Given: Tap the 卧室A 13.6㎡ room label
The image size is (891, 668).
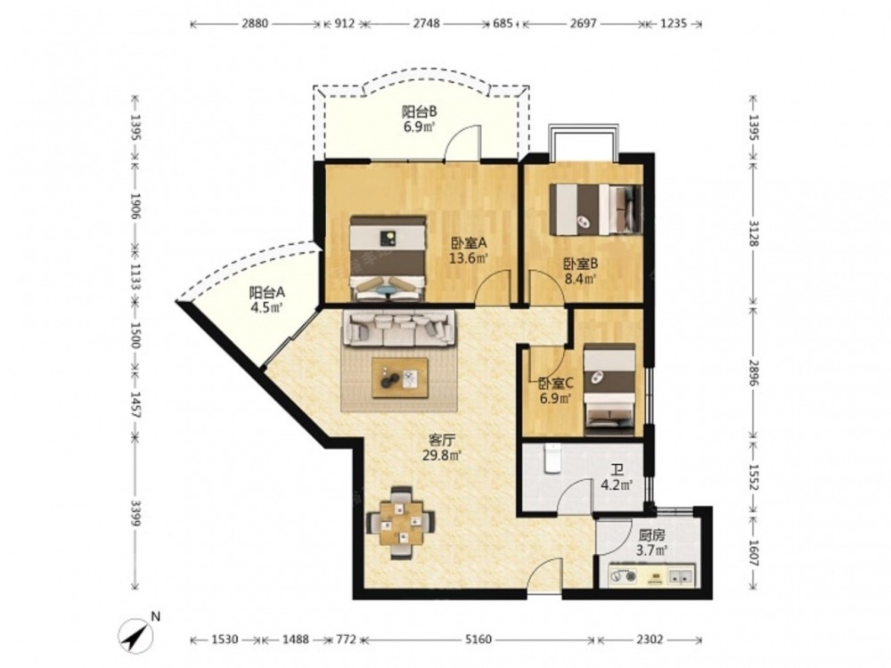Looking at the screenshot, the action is pos(470,250).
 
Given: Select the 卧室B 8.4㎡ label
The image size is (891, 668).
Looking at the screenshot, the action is pos(580,272).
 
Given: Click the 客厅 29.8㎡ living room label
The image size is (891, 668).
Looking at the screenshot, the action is pos(442,447).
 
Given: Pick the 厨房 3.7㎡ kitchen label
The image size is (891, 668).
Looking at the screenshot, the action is pos(651,542).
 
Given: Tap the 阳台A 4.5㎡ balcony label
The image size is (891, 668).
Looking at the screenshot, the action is pos(266,300).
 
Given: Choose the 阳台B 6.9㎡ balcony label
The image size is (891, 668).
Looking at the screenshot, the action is pos(420,118).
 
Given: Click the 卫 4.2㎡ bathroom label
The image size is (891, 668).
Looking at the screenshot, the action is pos(617,477).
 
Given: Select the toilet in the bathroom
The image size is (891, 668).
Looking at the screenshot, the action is pos(552,459).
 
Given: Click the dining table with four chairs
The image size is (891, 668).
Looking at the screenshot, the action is pos(402,523).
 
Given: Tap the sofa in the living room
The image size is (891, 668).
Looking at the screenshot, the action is pos(399,329).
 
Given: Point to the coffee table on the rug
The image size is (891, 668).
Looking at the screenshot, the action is pos(400,378).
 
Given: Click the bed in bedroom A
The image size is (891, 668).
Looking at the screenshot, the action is pos(388,258).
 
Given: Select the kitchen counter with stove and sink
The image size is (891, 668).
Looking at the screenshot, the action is pos(652,574).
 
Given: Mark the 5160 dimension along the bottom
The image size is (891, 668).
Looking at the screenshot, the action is pos(478,640).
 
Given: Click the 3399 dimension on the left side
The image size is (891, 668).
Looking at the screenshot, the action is pos(135,513).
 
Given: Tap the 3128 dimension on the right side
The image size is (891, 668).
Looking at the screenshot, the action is pos(754,233).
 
